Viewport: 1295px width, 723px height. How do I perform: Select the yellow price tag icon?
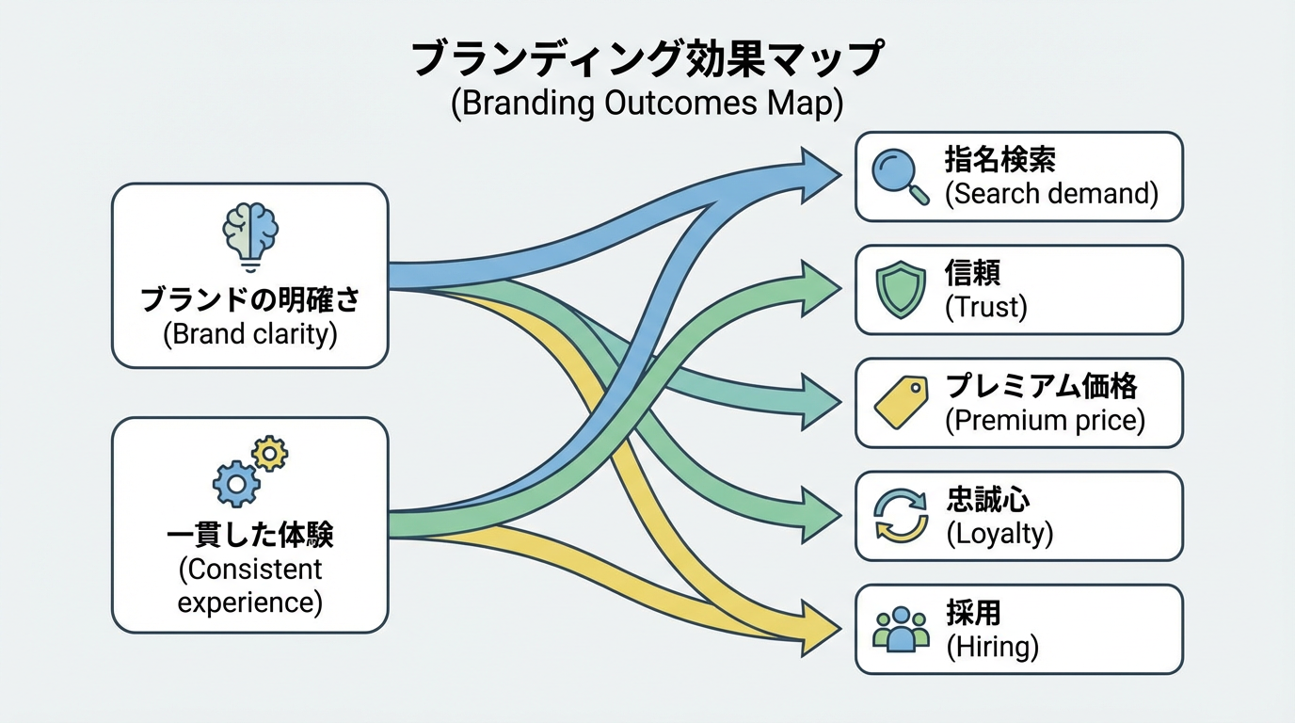pos(902,402)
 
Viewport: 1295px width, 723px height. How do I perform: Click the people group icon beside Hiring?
pos(901,629)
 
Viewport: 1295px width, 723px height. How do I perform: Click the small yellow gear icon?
pos(271,454)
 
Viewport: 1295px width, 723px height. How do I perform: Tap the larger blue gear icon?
pos(235,484)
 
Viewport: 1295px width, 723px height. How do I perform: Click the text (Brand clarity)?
pos(249,334)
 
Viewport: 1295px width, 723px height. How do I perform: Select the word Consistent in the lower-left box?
pos(249,570)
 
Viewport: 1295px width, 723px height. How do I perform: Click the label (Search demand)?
pos(1051,194)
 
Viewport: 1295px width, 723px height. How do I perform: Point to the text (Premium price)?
pos(1045,420)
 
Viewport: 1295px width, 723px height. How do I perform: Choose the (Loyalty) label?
pos(999,534)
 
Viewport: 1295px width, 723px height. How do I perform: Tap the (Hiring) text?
pos(991,647)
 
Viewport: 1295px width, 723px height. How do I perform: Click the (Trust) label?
pos(985,307)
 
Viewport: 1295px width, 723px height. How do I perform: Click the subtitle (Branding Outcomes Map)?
pos(647,103)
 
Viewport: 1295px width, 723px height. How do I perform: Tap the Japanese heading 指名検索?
pos(999,160)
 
